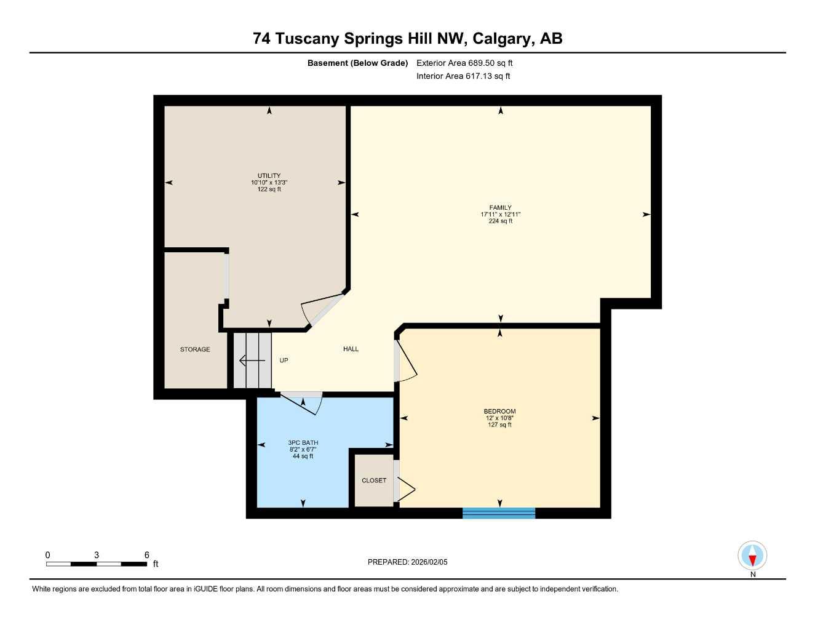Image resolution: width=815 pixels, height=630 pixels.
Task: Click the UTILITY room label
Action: click(269, 176)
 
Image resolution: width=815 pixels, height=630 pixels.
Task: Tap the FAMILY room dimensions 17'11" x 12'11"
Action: click(500, 215)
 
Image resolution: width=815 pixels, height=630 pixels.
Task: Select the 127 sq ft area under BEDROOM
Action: click(499, 425)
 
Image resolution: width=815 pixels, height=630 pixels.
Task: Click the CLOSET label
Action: click(374, 480)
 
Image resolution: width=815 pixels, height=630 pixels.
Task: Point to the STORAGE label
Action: click(195, 349)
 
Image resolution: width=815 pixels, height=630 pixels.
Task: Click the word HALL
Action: click(351, 349)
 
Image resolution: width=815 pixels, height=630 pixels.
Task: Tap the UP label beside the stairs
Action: click(284, 361)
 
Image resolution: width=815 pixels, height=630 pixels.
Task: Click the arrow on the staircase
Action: click(251, 361)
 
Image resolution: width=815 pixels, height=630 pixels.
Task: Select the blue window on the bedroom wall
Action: click(499, 512)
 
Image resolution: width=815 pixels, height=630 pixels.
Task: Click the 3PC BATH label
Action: click(303, 443)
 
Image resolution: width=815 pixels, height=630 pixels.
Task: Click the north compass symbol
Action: click(752, 557)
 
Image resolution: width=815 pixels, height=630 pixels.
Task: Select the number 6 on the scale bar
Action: click(146, 555)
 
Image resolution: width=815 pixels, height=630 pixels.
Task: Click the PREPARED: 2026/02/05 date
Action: click(407, 562)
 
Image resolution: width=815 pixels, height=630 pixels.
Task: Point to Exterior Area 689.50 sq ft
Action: click(464, 63)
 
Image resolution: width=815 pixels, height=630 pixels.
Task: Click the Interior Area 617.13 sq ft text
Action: click(463, 76)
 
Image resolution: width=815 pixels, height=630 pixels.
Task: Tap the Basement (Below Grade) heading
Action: click(357, 63)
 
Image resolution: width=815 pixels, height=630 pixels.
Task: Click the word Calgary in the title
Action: click(503, 39)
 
